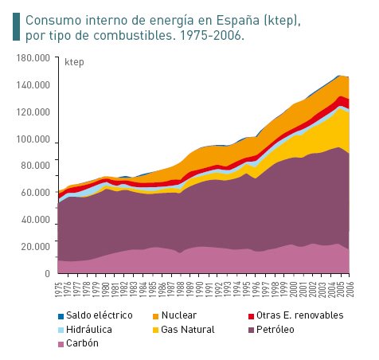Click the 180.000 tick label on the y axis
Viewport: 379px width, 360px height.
point(33,58)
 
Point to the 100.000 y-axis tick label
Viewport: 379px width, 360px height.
point(33,139)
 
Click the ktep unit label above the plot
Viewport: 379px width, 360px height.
point(72,62)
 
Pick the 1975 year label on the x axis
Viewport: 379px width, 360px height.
point(59,290)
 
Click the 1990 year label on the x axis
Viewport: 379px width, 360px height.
point(198,290)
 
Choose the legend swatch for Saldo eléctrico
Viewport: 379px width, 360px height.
point(61,315)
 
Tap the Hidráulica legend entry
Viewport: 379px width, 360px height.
point(88,329)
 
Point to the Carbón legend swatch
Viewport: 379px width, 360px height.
point(61,343)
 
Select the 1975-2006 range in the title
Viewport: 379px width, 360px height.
point(213,37)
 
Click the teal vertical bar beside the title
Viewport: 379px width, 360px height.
point(16,26)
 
